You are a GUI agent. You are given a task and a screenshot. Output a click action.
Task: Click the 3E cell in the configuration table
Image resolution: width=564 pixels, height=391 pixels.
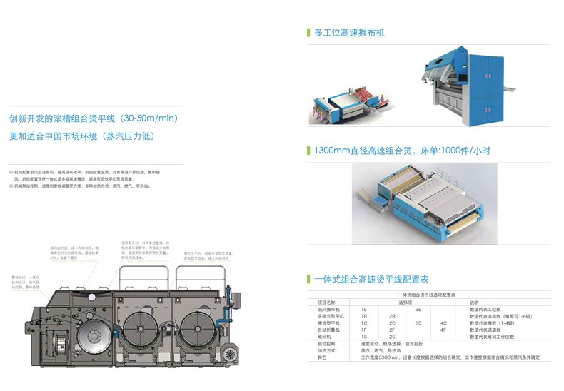click(x=418, y=308)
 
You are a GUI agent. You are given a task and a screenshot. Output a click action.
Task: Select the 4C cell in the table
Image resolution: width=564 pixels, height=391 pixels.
click(x=443, y=323)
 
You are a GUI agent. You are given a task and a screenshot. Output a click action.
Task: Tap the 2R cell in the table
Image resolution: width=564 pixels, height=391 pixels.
click(x=392, y=315)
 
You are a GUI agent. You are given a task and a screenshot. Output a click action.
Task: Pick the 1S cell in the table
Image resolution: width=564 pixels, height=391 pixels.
click(x=364, y=336)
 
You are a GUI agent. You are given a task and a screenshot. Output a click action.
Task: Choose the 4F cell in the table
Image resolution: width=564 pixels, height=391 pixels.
click(x=443, y=330)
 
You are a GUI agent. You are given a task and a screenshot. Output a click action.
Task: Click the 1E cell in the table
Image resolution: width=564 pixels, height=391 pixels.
click(x=364, y=308)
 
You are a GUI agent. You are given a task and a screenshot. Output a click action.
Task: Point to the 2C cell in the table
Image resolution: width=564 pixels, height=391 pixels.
click(x=392, y=323)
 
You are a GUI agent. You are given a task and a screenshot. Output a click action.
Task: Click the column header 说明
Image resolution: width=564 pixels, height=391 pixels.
click(x=474, y=301)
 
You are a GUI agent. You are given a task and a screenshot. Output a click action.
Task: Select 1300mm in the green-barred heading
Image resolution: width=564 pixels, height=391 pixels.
click(x=329, y=151)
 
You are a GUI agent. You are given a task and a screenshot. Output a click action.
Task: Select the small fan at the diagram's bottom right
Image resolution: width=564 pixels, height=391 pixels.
click(x=229, y=355)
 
